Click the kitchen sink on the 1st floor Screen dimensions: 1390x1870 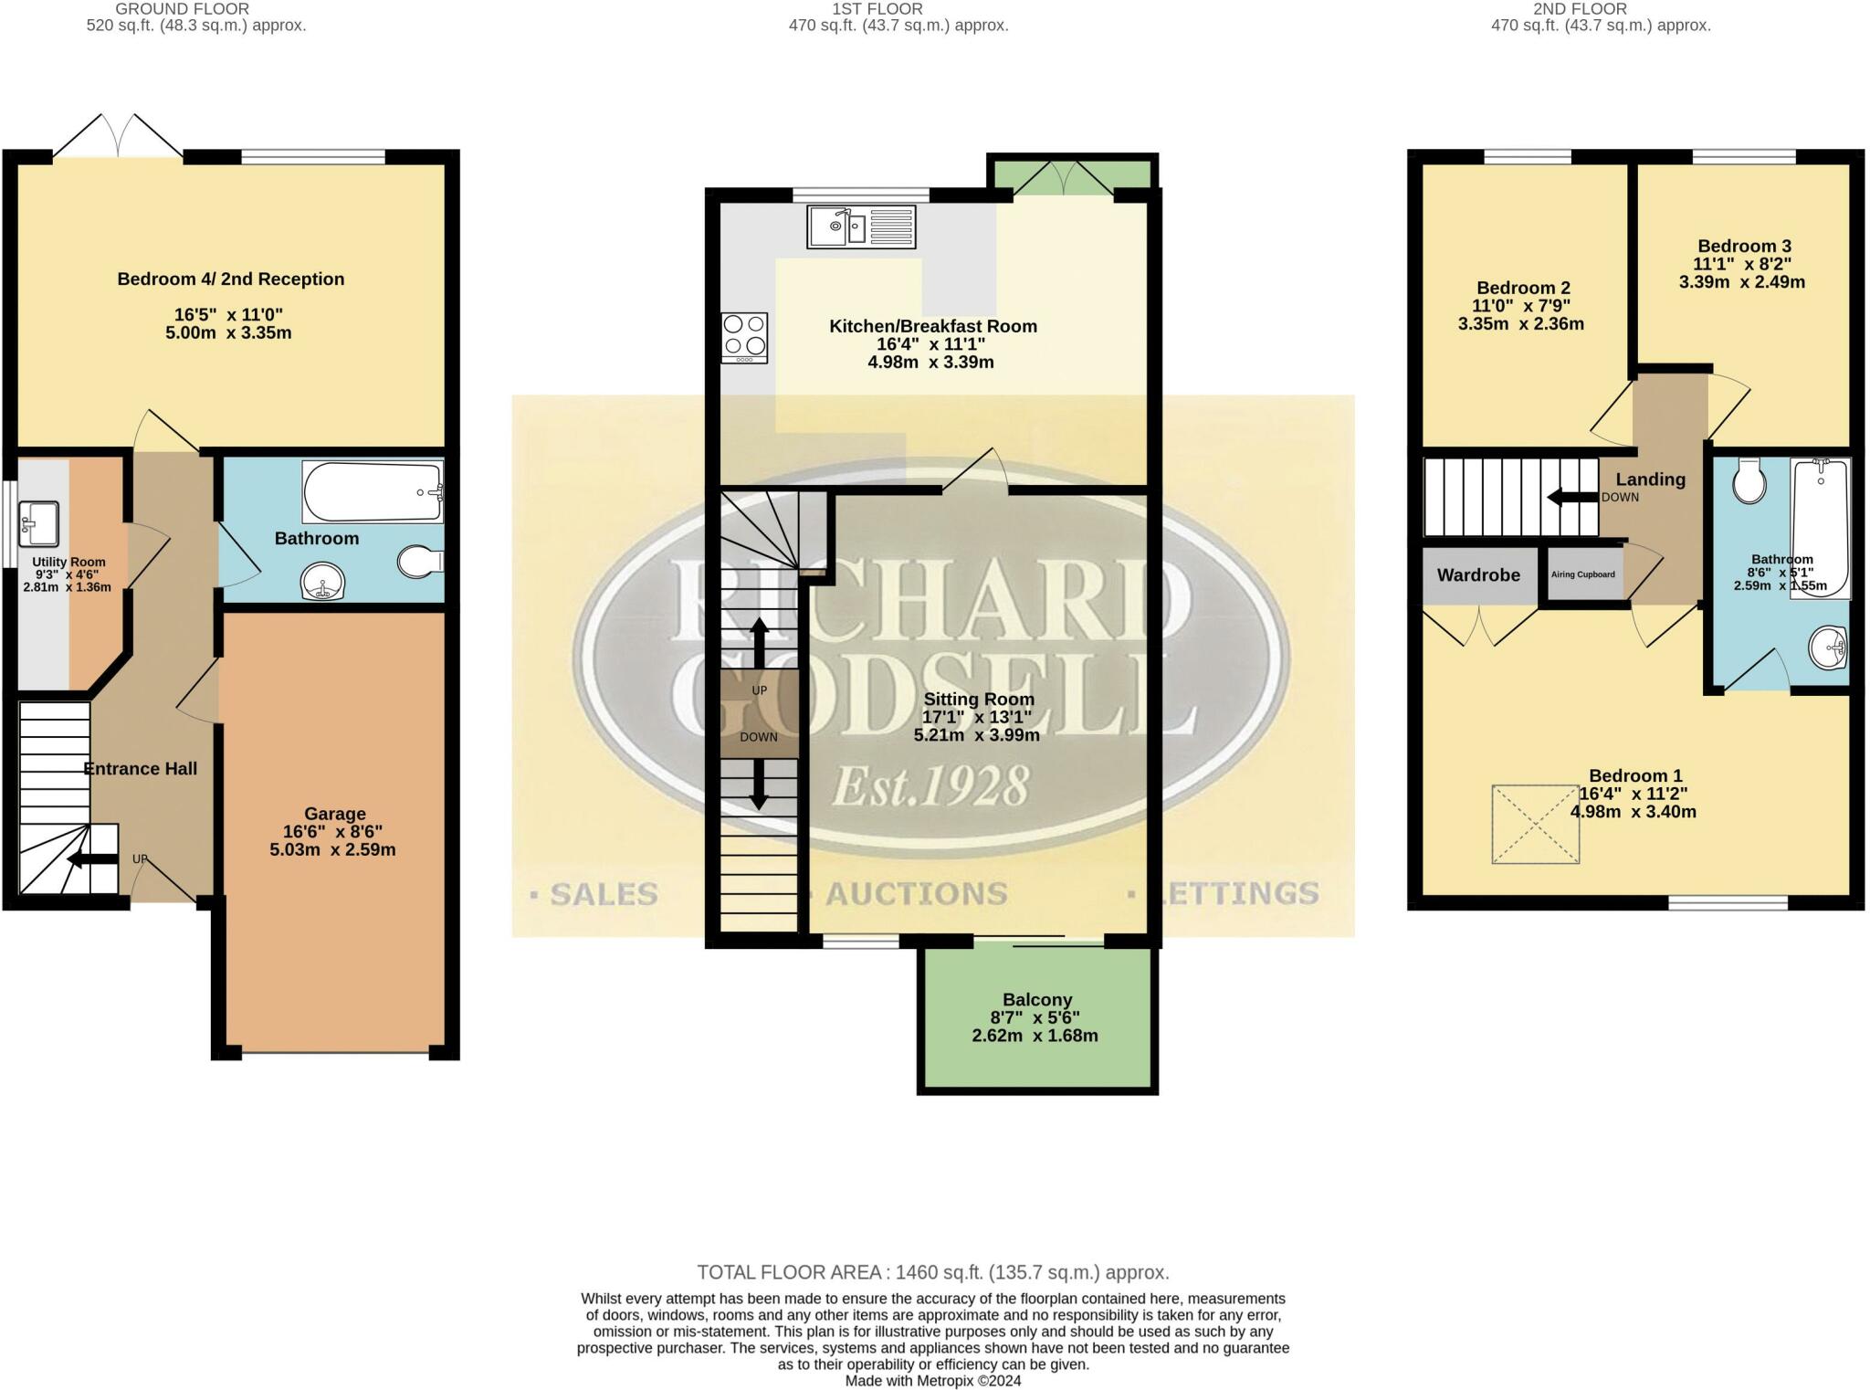point(860,226)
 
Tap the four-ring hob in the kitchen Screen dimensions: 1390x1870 point(744,336)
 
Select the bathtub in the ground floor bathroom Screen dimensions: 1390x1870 point(372,491)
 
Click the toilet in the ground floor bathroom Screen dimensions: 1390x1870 point(420,562)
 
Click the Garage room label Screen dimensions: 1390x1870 point(334,814)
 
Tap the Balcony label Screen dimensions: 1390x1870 point(1036,1000)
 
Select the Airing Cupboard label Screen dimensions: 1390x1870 point(1582,574)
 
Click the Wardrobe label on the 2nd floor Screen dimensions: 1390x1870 point(1478,575)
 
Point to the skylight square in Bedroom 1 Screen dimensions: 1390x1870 point(1535,824)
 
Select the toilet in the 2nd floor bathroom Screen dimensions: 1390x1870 point(1749,480)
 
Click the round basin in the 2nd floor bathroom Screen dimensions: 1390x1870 point(1827,648)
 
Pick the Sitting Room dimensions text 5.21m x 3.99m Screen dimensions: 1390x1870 point(976,735)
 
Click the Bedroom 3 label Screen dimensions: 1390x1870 point(1743,246)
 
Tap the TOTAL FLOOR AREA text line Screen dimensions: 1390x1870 point(932,1272)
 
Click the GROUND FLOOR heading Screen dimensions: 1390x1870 point(182,9)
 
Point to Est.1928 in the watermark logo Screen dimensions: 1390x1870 point(931,785)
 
